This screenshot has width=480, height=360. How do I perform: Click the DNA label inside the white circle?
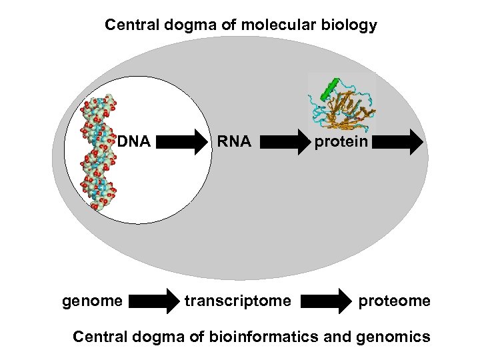tap(136, 141)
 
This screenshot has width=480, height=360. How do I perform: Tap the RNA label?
tap(233, 141)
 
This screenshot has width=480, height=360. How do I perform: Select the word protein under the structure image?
tap(341, 141)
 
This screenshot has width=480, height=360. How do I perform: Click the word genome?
tap(92, 301)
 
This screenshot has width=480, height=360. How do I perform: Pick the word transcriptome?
tap(238, 301)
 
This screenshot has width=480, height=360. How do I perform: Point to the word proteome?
tap(395, 301)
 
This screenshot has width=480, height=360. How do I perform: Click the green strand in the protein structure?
tap(329, 87)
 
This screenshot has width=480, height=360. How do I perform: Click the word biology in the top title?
tap(351, 26)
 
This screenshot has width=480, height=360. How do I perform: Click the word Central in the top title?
tap(129, 26)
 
